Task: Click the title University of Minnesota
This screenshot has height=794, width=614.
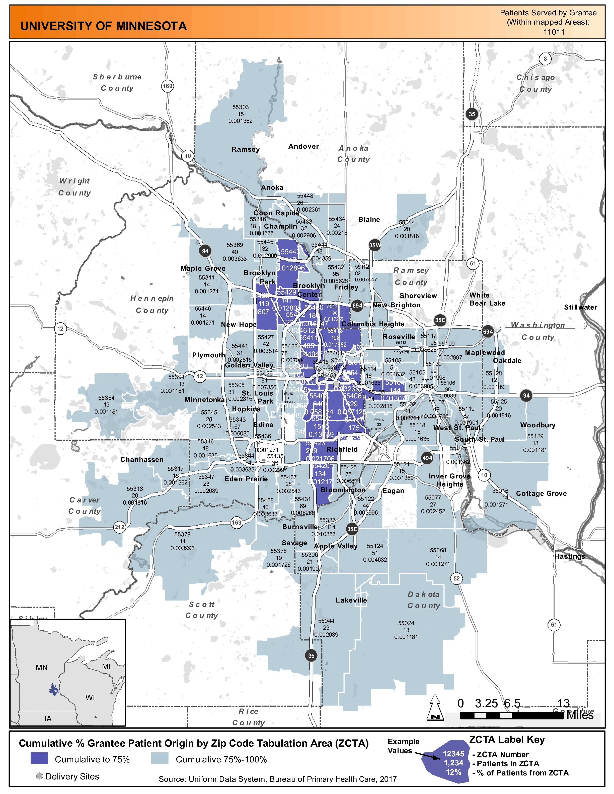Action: [x=103, y=26]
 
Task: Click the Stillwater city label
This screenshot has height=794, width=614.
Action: [x=580, y=307]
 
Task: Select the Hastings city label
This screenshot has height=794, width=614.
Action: [x=569, y=556]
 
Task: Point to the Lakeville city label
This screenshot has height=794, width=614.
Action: [x=351, y=600]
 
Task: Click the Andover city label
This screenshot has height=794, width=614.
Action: [x=303, y=147]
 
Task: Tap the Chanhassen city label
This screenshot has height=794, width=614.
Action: [x=142, y=459]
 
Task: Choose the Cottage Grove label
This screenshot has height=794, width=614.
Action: [x=541, y=493]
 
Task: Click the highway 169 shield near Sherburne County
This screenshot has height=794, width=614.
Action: [x=167, y=86]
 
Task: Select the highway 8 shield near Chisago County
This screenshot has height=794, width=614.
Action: [x=545, y=59]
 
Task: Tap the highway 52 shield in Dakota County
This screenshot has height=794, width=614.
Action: [x=456, y=578]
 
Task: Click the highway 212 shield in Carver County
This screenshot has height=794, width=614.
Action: [x=119, y=527]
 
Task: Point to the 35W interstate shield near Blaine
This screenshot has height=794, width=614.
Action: [x=375, y=245]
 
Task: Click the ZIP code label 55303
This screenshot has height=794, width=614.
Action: [x=241, y=107]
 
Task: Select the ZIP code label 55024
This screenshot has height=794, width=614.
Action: [x=406, y=623]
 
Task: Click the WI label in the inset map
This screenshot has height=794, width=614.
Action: [x=90, y=697]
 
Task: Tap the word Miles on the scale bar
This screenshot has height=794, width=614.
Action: [x=580, y=715]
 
